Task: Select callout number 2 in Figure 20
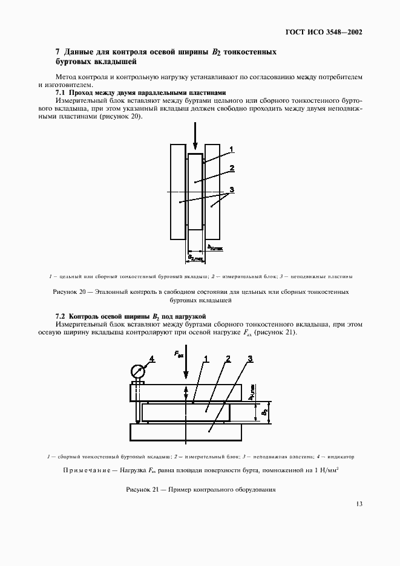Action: point(232,168)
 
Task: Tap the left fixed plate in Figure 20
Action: point(178,191)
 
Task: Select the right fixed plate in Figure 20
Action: point(212,191)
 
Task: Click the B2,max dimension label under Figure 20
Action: point(195,258)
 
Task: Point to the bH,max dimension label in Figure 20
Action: point(215,247)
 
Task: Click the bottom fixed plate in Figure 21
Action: point(185,432)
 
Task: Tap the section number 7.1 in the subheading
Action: point(61,93)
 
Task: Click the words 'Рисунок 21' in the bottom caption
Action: point(142,489)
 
